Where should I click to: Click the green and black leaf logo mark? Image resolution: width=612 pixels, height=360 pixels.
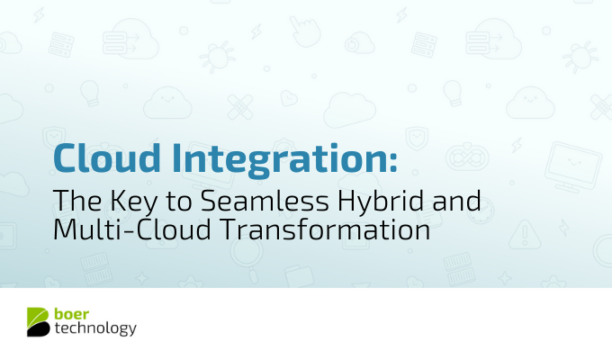pyautogui.click(x=38, y=321)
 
